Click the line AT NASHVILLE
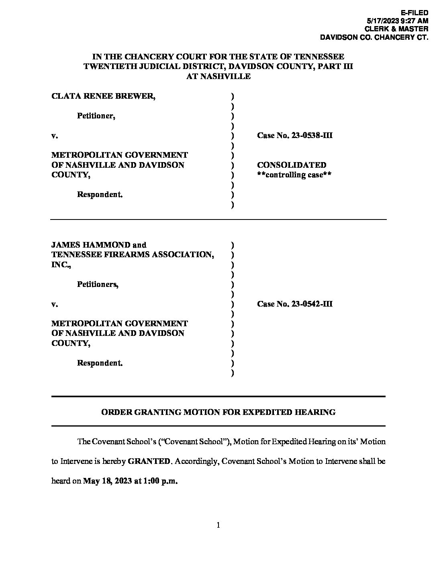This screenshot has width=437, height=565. (218, 76)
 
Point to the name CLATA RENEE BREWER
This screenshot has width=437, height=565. (102, 96)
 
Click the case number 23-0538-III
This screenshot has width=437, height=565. (312, 135)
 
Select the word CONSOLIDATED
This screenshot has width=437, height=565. (292, 165)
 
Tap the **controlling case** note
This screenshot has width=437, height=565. (294, 175)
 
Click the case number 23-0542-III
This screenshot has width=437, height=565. (312, 304)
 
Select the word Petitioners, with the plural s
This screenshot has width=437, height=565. (98, 285)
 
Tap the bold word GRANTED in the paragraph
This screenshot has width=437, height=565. (149, 461)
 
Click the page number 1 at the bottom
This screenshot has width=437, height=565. (218, 525)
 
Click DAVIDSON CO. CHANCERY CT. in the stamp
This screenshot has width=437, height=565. (374, 37)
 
